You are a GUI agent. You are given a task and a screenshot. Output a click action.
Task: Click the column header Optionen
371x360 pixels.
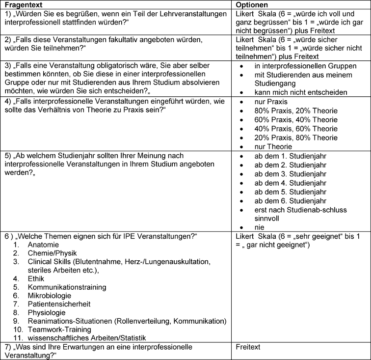click(x=253, y=4)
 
